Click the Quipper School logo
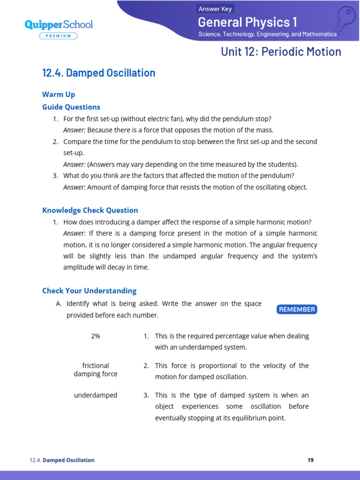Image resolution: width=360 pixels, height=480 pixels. pos(59,24)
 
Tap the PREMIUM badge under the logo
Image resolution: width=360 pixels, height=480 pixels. pos(59,36)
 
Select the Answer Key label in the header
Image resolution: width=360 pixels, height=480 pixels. pos(215,9)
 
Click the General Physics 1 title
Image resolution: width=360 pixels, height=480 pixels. pos(247,22)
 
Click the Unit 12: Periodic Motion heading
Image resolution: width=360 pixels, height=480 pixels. pos(281,52)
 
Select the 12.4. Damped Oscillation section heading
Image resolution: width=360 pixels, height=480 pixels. pos(98,73)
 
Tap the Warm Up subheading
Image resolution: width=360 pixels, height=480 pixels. pos(59,95)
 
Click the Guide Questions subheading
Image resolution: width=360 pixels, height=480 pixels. pos(71,107)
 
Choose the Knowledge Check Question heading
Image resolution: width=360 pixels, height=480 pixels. pos(90,210)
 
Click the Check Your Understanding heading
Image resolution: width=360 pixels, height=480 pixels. pos(89,291)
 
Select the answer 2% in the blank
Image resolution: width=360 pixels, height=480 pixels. pos(96,336)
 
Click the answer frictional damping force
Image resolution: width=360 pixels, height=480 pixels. pos(96,369)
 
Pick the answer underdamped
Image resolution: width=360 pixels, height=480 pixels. pos(96,395)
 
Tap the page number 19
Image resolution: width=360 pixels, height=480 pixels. pos(310,460)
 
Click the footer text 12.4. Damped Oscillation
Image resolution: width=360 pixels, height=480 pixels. pos(62,460)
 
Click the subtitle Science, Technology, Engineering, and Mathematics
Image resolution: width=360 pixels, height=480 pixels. pos(267,34)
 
